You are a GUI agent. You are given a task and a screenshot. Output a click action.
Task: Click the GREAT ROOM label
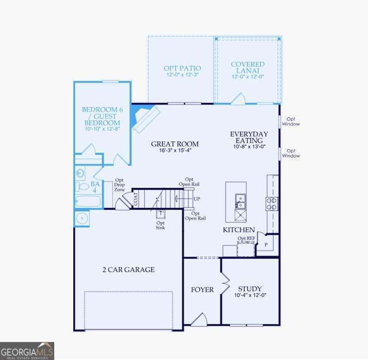[175, 144]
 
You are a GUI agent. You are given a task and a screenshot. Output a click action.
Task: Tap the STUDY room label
[250, 289]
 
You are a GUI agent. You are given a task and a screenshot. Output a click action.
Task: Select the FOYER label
[202, 290]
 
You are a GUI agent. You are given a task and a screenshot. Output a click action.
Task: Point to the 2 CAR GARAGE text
[128, 270]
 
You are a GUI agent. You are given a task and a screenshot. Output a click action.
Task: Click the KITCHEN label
[239, 230]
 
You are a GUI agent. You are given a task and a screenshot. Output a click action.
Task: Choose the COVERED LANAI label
[248, 67]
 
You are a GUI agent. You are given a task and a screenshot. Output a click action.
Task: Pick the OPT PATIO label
[182, 68]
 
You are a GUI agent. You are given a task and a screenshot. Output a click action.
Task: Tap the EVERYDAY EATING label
[249, 137]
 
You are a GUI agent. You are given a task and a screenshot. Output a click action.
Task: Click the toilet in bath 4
[82, 187]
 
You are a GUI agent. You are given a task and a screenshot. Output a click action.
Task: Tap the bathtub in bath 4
[88, 201]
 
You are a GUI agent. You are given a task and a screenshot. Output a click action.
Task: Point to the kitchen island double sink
[240, 201]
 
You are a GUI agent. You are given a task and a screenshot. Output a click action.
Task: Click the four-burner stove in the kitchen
[272, 204]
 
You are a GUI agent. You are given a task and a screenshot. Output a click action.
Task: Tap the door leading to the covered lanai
[238, 99]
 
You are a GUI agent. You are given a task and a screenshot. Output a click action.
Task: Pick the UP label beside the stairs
[197, 199]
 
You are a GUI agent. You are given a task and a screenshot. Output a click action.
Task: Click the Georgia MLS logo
[27, 351]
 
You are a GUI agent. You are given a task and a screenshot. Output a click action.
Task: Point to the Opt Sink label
[160, 225]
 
